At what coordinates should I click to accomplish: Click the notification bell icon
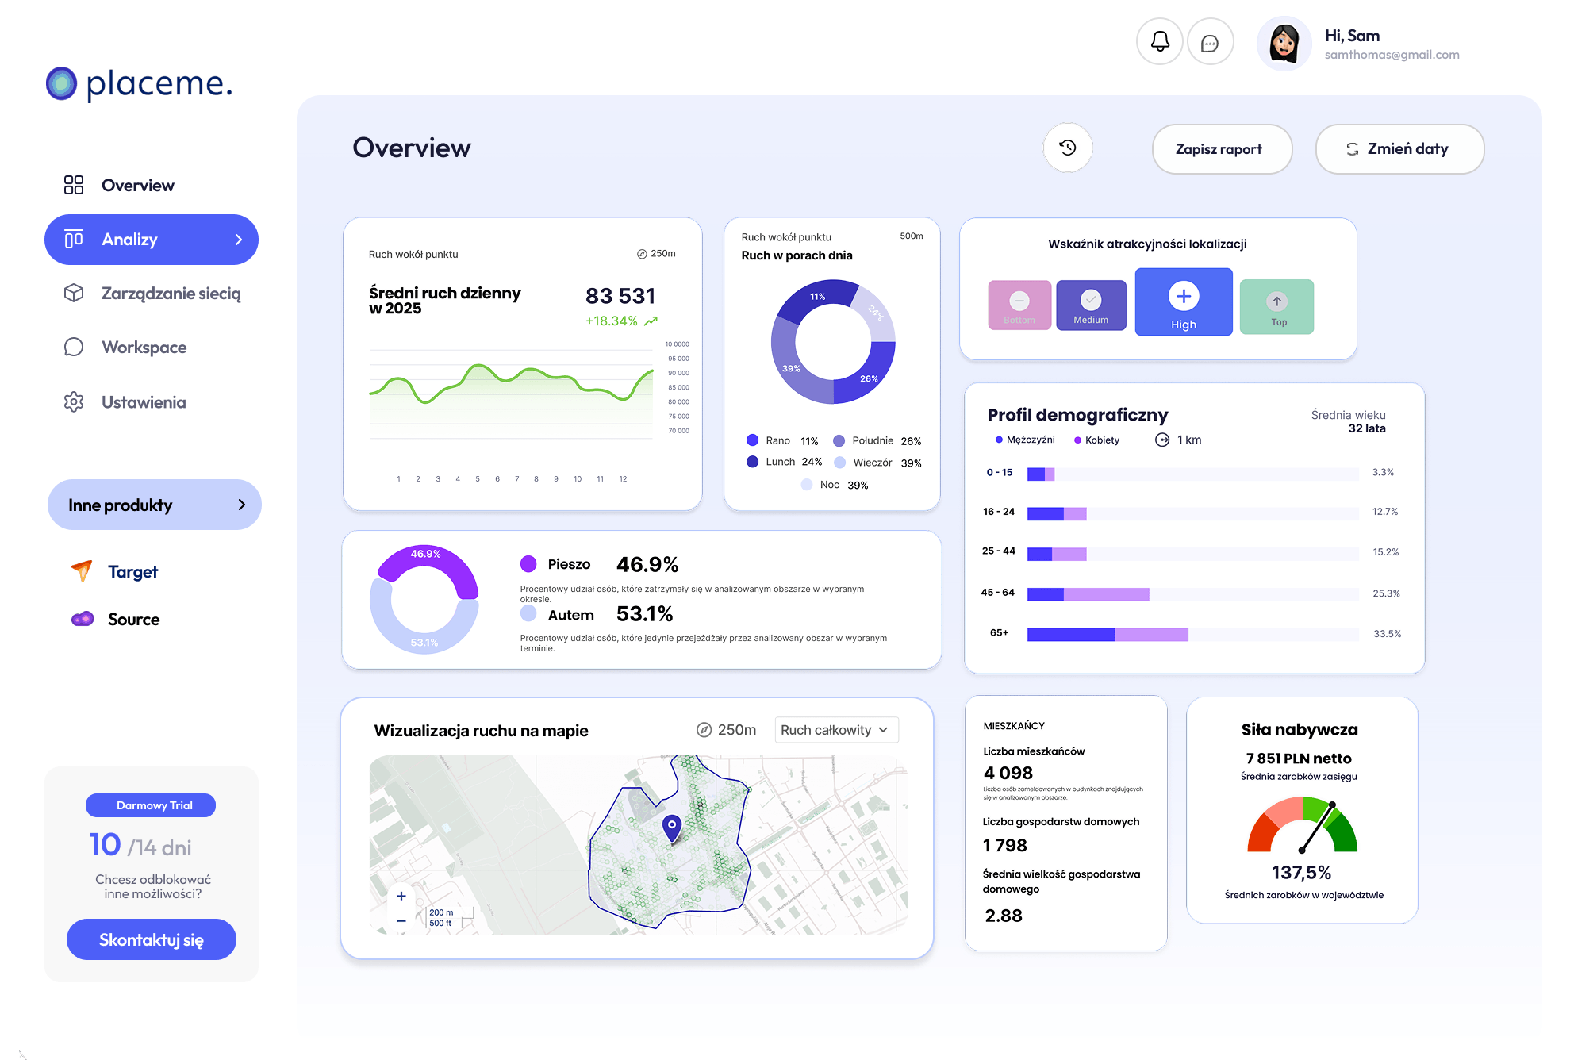tap(1160, 42)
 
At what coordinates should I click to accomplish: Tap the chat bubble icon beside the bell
tap(1210, 43)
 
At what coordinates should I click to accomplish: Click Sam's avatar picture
tap(1284, 44)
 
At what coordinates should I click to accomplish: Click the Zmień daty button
tap(1399, 149)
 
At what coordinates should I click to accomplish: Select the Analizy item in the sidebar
tap(152, 240)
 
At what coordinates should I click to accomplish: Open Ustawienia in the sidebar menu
tap(143, 402)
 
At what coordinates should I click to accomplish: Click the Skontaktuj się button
tap(152, 939)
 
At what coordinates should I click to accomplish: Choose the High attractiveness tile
tap(1183, 302)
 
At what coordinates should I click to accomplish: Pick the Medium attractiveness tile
tap(1091, 305)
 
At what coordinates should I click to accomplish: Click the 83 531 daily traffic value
tap(620, 296)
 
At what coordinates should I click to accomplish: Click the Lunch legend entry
tap(780, 462)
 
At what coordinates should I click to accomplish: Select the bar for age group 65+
tap(1107, 634)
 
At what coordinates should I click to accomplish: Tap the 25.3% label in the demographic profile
tap(1386, 593)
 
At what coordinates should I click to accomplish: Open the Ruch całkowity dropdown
tap(835, 730)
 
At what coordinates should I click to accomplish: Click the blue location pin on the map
tap(672, 827)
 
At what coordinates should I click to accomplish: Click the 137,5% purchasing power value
tap(1301, 873)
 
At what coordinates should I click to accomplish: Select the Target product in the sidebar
tap(132, 571)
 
